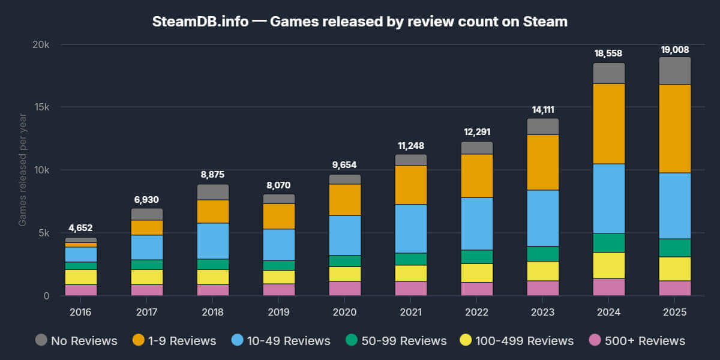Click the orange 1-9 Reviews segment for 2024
[x=609, y=124]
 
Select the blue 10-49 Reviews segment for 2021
[x=411, y=229]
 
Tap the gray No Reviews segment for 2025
[x=675, y=71]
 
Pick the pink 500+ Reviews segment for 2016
[x=81, y=290]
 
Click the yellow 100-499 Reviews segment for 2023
[x=543, y=271]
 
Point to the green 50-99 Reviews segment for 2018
[x=213, y=265]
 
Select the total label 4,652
[x=81, y=228]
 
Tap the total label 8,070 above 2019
[x=279, y=185]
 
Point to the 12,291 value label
[x=477, y=132]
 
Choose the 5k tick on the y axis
[x=41, y=233]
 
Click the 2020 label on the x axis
[x=345, y=312]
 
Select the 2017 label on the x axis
[x=147, y=312]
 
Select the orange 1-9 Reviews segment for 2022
[x=477, y=176]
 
